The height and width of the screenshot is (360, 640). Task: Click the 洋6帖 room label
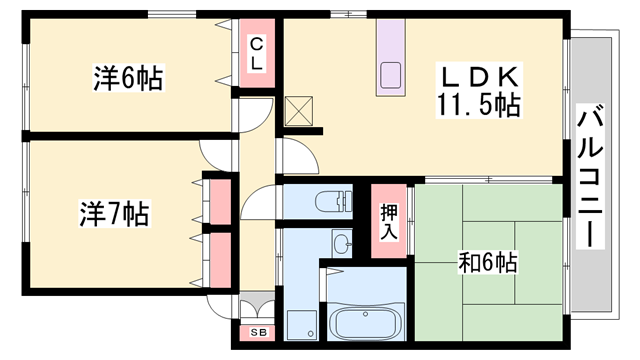129,77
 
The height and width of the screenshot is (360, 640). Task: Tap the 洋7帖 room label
114,213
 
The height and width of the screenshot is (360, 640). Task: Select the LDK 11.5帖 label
478,90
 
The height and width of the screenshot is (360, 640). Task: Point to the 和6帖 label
487,263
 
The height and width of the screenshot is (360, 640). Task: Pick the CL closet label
257,53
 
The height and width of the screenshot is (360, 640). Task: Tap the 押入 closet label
389,220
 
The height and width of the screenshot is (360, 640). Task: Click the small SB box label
256,332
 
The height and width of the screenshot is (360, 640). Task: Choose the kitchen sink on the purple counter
390,75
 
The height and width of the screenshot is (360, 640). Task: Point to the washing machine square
300,323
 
